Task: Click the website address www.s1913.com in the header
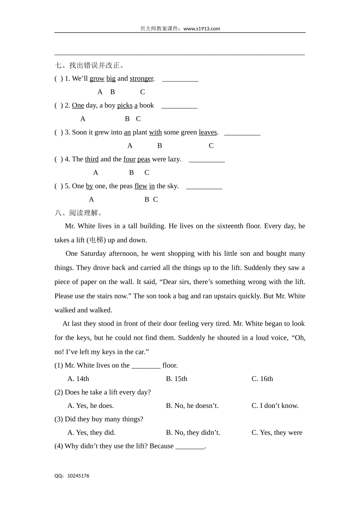(201, 28)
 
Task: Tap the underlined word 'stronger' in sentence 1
(141, 78)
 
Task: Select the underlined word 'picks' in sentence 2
(125, 105)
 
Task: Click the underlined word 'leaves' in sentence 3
(208, 132)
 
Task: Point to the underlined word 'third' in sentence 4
(92, 159)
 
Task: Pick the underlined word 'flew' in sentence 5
(141, 186)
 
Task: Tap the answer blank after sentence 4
(207, 160)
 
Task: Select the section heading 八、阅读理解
(78, 213)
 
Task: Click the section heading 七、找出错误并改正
(89, 65)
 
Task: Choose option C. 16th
(262, 379)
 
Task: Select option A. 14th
(78, 379)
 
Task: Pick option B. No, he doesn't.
(192, 406)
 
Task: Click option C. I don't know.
(275, 406)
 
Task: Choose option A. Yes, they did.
(91, 432)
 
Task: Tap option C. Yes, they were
(277, 432)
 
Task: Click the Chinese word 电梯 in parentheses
(96, 240)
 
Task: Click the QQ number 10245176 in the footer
(78, 476)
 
